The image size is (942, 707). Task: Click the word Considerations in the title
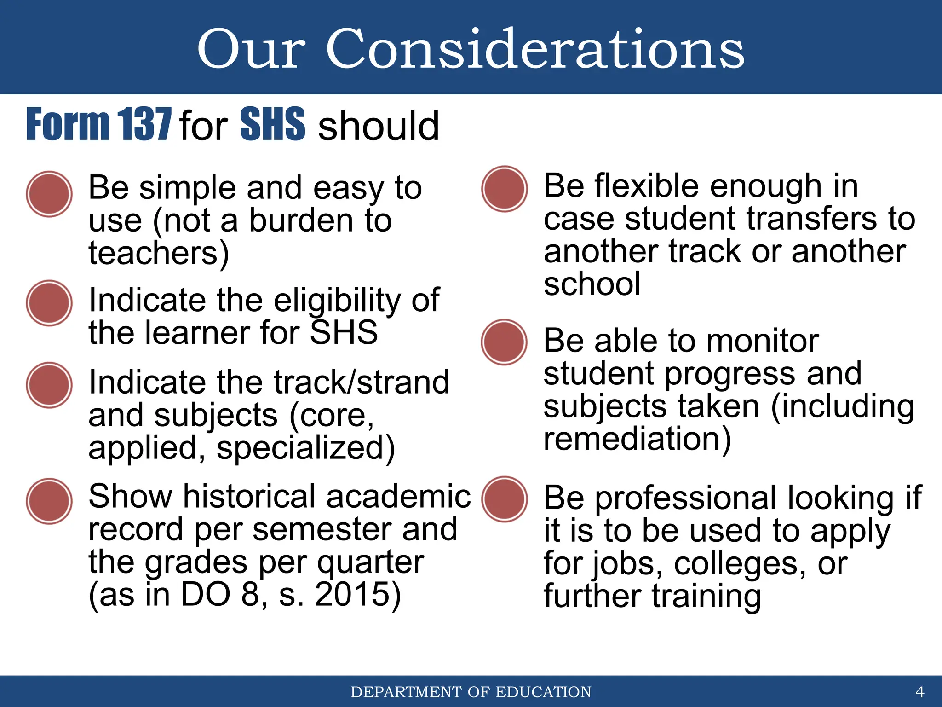[x=535, y=49]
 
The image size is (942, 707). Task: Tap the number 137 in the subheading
[x=144, y=124]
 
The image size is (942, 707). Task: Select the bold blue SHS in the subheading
[x=272, y=124]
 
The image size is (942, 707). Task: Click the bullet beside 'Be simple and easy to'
[x=49, y=194]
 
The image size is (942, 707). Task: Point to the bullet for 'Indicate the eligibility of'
[x=49, y=303]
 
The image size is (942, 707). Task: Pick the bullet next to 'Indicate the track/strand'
[x=49, y=385]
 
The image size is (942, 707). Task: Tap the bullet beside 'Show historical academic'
[x=49, y=501]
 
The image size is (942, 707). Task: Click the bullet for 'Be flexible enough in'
[x=504, y=189]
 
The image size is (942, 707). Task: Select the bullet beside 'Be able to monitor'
[x=504, y=342]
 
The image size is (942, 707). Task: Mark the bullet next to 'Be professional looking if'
[x=504, y=499]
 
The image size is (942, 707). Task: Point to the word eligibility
[x=338, y=301]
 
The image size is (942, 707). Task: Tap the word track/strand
[x=361, y=382]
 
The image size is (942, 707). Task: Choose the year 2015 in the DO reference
[x=358, y=594]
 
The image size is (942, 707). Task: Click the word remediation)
[x=637, y=439]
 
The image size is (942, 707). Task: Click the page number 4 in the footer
[x=919, y=691]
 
